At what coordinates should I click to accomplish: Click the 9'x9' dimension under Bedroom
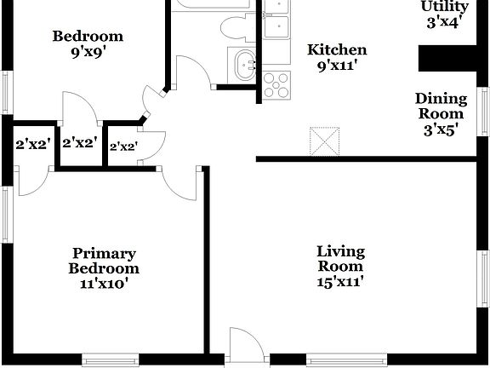88,53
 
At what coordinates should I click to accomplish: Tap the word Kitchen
337,50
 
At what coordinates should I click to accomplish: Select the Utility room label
445,7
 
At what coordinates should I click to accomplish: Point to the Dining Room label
441,106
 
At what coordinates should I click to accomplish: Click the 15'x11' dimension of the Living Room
340,282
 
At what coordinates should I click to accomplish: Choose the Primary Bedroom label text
105,261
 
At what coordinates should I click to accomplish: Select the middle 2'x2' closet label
79,144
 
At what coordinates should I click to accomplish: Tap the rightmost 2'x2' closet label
123,147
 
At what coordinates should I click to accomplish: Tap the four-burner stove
276,85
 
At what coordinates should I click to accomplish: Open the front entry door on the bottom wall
247,344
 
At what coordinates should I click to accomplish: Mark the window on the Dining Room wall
484,112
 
